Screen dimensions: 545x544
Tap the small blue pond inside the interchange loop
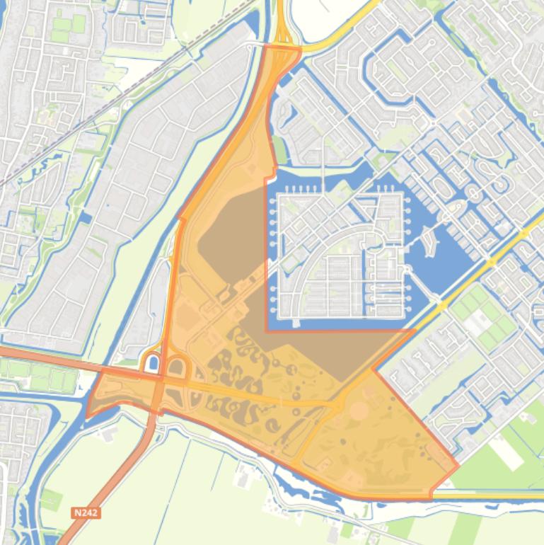[x=152, y=365]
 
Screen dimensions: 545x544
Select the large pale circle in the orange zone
[x=359, y=411]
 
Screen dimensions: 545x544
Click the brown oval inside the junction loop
[x=176, y=368]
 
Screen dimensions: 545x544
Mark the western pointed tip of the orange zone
[x=87, y=415]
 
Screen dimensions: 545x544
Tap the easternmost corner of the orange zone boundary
[x=458, y=466]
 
